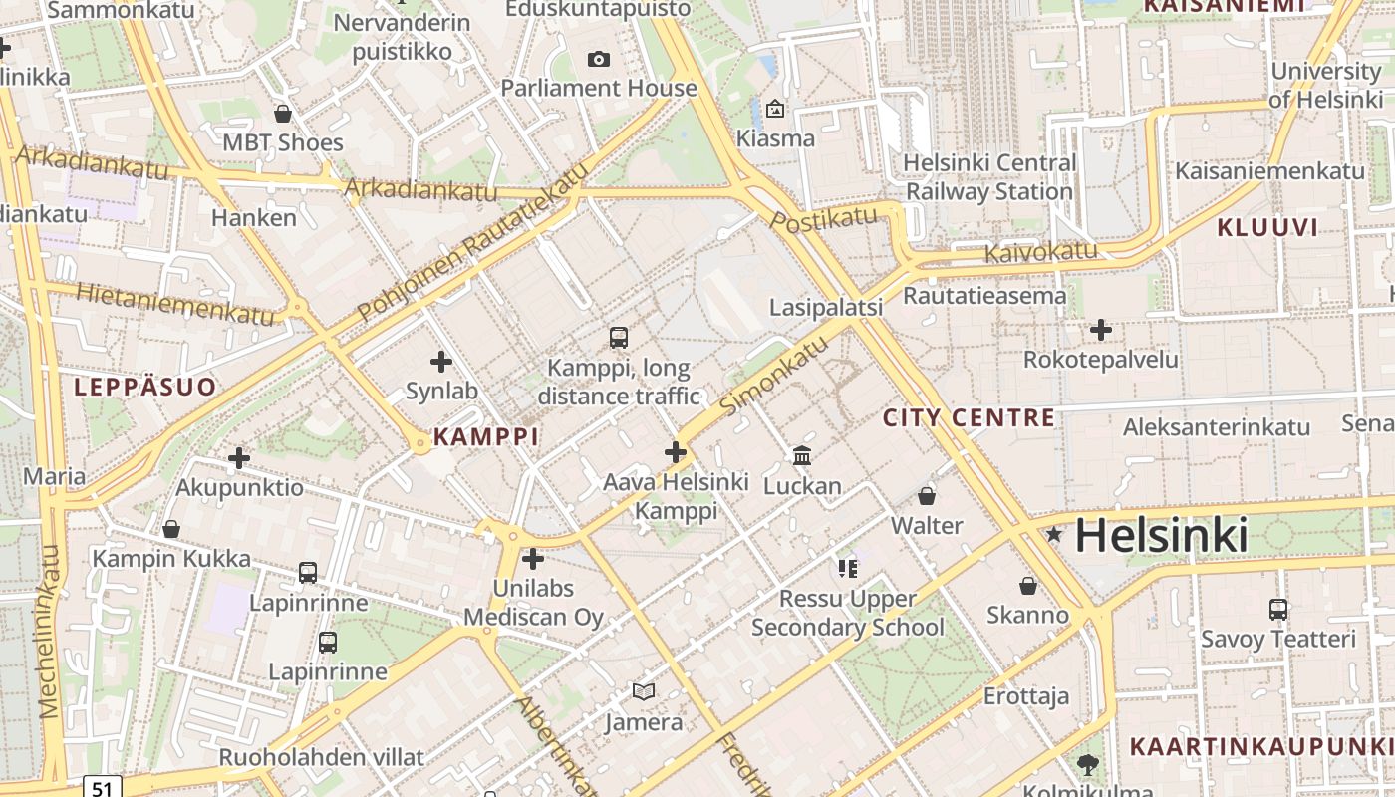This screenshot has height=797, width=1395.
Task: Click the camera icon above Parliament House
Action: pyautogui.click(x=598, y=60)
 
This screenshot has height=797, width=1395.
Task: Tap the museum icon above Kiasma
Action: pyautogui.click(x=775, y=109)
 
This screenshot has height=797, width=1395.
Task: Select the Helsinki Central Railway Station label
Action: pyautogui.click(x=988, y=176)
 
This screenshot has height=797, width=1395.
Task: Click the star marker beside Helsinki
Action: pyautogui.click(x=1054, y=535)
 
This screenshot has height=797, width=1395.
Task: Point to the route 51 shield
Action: pyautogui.click(x=102, y=787)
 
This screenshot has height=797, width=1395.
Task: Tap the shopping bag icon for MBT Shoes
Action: pyautogui.click(x=282, y=114)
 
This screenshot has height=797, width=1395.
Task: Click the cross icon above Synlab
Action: pyautogui.click(x=440, y=362)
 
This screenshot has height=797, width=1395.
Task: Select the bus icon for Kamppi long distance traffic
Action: pyautogui.click(x=618, y=338)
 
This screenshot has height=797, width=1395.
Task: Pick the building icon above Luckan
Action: pyautogui.click(x=801, y=456)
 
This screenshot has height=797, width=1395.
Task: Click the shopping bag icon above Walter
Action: pyautogui.click(x=927, y=495)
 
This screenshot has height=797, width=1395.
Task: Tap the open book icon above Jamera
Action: pyautogui.click(x=644, y=691)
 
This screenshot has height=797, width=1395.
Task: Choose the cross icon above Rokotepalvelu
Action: pyautogui.click(x=1100, y=330)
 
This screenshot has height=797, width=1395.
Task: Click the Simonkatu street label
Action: pyautogui.click(x=774, y=376)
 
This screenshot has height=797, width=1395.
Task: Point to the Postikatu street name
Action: pyautogui.click(x=824, y=218)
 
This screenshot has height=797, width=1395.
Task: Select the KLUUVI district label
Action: pyautogui.click(x=1266, y=227)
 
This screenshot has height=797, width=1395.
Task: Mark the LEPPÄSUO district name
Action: pyautogui.click(x=144, y=387)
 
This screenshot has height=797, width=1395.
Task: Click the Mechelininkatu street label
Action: pyautogui.click(x=49, y=632)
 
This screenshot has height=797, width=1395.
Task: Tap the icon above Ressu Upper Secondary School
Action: pyautogui.click(x=847, y=569)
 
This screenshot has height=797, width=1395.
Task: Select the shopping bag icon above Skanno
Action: pyautogui.click(x=1027, y=586)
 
